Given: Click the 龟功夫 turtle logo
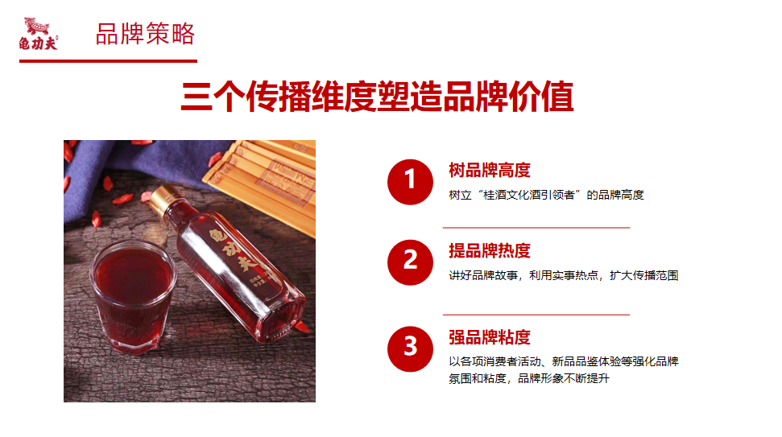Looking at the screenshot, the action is [x=39, y=34].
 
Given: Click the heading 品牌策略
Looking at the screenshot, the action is [x=145, y=34].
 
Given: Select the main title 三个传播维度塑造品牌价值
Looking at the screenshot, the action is [x=377, y=96].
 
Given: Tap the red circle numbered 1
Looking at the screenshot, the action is [x=410, y=182].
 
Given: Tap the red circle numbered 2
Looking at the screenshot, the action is [x=410, y=262].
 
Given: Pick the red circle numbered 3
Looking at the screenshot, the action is [x=410, y=348].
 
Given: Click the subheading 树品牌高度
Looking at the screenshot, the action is [x=489, y=171].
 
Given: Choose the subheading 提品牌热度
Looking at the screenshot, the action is [x=489, y=250].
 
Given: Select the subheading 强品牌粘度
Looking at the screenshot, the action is [x=489, y=337].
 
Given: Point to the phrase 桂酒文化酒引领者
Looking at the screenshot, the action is [x=529, y=195].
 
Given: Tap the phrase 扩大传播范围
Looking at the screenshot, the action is [x=643, y=275].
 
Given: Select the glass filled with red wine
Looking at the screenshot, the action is [x=133, y=296].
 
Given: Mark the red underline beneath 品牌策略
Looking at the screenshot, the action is [x=108, y=61].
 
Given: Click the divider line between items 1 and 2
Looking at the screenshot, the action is [x=536, y=228].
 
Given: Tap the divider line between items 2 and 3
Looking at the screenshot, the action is [x=536, y=315].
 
